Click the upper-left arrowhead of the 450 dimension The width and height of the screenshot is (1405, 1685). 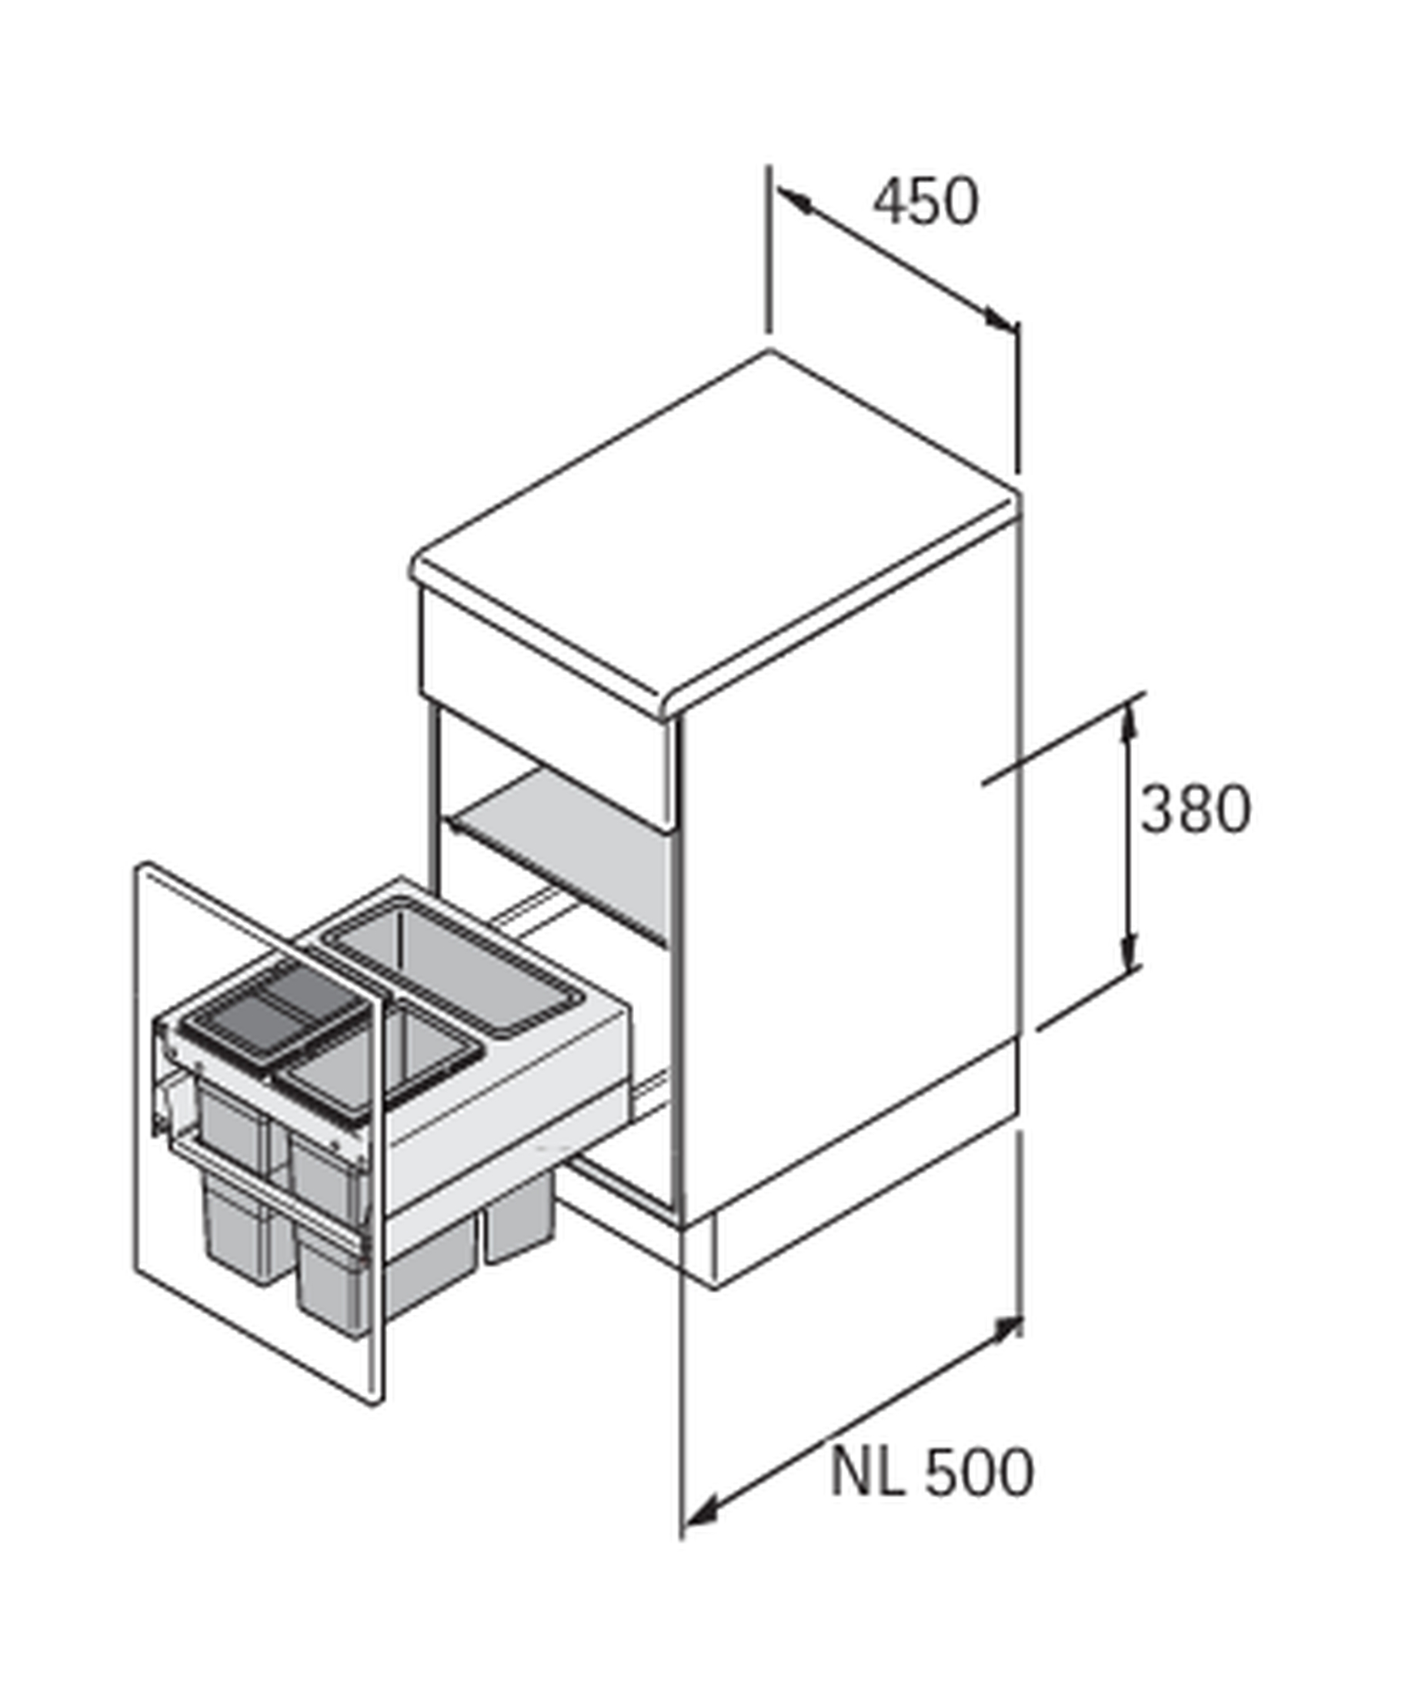794,200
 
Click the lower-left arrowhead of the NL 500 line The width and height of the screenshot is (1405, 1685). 700,1513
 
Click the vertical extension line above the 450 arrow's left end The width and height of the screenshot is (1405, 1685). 768,249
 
